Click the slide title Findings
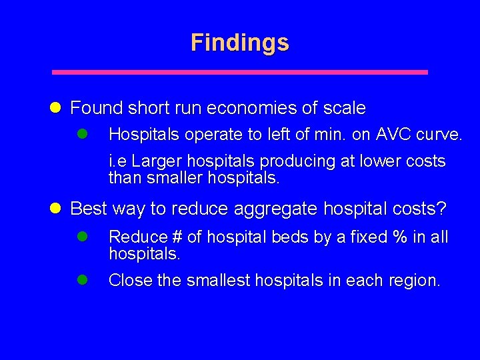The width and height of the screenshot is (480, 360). click(x=240, y=43)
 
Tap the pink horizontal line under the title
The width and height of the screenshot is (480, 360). click(x=240, y=72)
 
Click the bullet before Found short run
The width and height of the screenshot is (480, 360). click(x=56, y=107)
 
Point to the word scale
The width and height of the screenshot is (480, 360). click(x=345, y=107)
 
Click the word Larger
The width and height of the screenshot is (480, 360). click(x=155, y=162)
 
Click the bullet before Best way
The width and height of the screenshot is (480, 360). click(x=56, y=209)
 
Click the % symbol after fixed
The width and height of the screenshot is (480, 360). click(x=401, y=237)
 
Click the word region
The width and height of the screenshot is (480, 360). click(x=414, y=281)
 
